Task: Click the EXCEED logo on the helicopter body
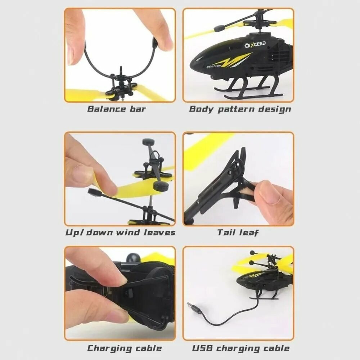pyautogui.click(x=255, y=45)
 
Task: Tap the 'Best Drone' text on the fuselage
pyautogui.click(x=214, y=66)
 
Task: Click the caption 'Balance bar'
pyautogui.click(x=116, y=109)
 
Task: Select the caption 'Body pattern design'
pyautogui.click(x=240, y=109)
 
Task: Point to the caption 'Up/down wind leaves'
pyautogui.click(x=120, y=232)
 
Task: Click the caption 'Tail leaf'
pyautogui.click(x=238, y=232)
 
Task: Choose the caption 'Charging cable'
pyautogui.click(x=124, y=348)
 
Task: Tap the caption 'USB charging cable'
pyautogui.click(x=240, y=348)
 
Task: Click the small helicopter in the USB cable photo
pyautogui.click(x=264, y=275)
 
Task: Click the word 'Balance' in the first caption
pyautogui.click(x=107, y=109)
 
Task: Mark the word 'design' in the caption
pyautogui.click(x=275, y=109)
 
